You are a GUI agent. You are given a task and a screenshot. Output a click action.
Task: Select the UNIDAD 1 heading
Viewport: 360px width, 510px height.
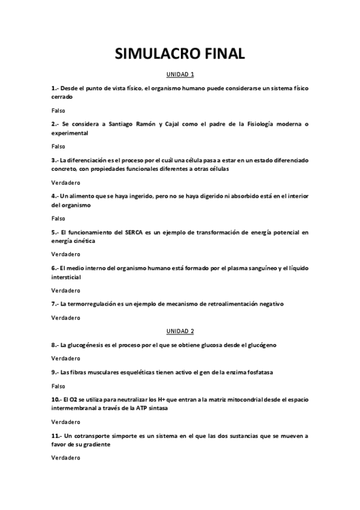[180, 75]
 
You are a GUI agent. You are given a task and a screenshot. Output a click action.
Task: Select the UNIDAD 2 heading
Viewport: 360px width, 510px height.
[180, 331]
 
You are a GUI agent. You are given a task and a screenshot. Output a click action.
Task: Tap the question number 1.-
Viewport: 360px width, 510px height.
[55, 88]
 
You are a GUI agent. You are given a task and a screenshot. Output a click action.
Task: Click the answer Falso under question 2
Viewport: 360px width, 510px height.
[58, 146]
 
